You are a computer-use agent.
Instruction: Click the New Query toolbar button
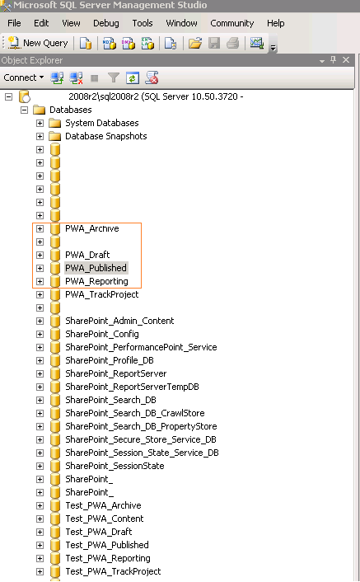point(38,43)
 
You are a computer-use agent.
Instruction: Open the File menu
point(14,23)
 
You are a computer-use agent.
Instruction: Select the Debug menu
point(106,23)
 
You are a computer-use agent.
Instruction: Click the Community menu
point(232,23)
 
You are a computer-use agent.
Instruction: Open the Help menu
point(275,23)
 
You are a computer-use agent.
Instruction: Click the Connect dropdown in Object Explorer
point(24,77)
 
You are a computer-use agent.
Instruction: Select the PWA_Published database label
point(96,268)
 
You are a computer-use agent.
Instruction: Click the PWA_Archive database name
point(92,228)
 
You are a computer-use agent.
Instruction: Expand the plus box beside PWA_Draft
point(40,255)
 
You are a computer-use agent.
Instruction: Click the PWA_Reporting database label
point(96,281)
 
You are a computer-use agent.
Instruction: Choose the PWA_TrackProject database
point(101,295)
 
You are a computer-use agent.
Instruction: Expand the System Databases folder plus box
point(40,123)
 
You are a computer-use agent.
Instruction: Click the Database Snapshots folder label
point(106,136)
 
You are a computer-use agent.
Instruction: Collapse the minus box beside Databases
point(24,110)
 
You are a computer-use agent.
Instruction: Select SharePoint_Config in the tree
point(102,334)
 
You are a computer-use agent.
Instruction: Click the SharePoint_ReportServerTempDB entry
point(132,387)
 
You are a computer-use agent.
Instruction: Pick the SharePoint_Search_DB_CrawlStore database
point(135,413)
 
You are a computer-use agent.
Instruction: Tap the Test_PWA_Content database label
point(104,519)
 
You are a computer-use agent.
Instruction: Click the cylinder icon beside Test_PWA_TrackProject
point(55,571)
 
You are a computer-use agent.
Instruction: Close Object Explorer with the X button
point(346,59)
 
